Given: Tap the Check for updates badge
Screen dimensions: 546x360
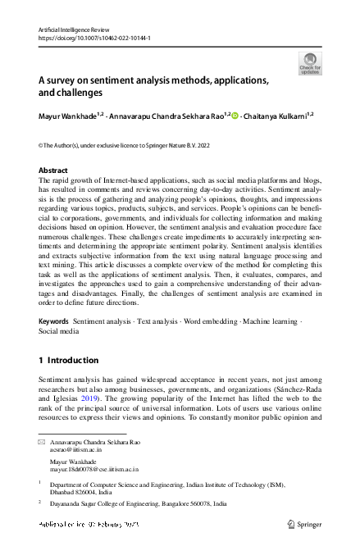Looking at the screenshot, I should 310,64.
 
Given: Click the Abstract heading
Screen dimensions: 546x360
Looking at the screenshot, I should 53,171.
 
